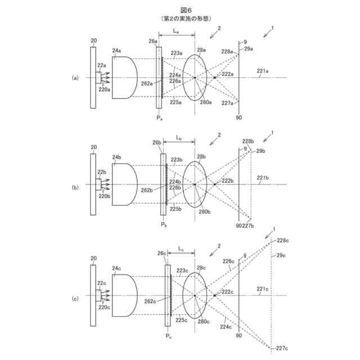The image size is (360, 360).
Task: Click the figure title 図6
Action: (179, 10)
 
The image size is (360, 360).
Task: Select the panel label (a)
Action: (75, 77)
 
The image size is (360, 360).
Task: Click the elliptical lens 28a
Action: (195, 77)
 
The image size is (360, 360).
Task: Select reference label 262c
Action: (150, 301)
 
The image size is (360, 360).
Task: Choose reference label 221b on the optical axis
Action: (262, 178)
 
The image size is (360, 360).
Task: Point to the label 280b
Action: (204, 211)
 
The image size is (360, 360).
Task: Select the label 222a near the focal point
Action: (227, 74)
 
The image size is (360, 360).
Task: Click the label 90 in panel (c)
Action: (239, 336)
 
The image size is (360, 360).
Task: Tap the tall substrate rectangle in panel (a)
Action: (93, 77)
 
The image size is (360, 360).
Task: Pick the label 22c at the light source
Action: (101, 283)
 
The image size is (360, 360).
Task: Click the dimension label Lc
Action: (181, 247)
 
